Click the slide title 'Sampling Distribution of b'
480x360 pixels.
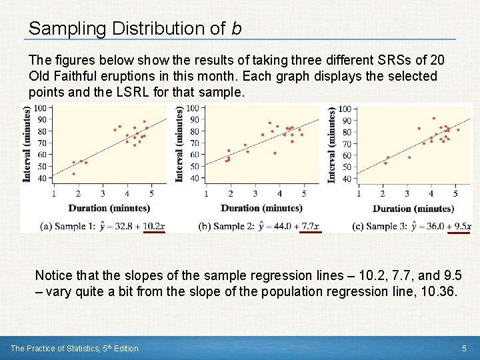coord(135,28)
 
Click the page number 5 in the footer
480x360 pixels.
coord(464,348)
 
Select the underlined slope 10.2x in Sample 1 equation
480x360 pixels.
coord(153,226)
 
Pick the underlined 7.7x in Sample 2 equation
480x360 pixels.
coord(310,226)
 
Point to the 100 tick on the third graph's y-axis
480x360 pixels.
coord(345,109)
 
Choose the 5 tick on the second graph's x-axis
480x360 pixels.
coord(303,193)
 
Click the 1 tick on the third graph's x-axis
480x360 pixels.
coord(359,193)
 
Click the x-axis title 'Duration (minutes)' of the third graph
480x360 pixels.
coord(413,209)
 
